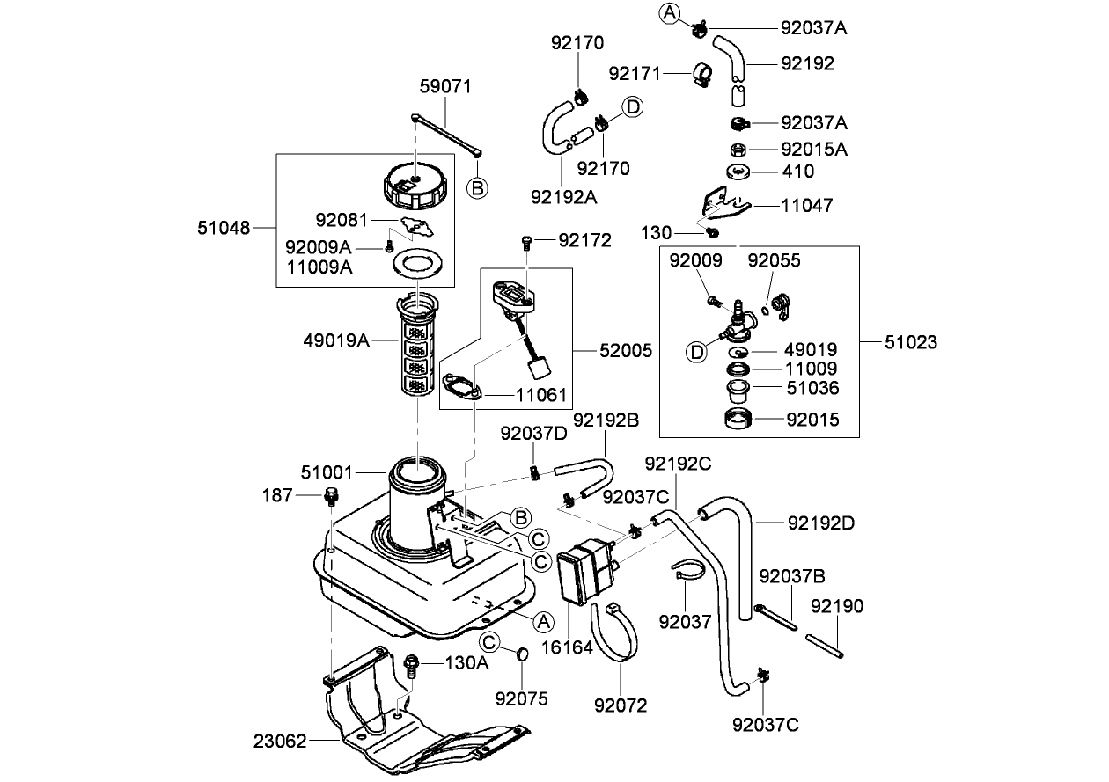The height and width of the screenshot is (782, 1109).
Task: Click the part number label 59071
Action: click(445, 87)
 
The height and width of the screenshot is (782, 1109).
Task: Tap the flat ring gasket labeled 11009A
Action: click(413, 263)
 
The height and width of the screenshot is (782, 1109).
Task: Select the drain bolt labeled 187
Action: click(332, 497)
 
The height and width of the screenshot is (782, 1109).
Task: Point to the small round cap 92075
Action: click(521, 654)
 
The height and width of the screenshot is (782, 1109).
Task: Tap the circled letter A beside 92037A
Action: click(670, 12)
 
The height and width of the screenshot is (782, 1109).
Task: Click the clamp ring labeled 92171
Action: click(704, 75)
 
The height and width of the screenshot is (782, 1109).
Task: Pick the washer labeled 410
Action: click(738, 172)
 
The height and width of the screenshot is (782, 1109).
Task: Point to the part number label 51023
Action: click(909, 342)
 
